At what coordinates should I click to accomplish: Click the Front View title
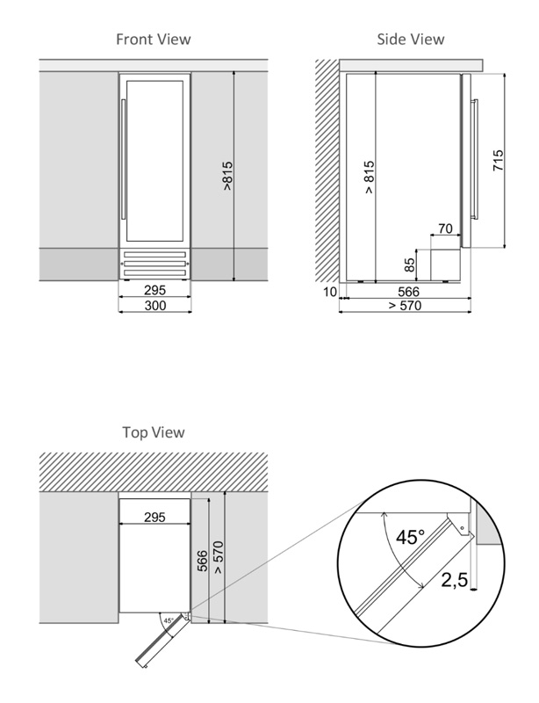154,39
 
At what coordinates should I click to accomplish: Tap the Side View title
410,39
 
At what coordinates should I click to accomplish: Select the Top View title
154,432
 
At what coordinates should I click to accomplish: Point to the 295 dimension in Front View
155,290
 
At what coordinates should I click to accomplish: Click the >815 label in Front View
227,178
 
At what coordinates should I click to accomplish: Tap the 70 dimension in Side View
445,229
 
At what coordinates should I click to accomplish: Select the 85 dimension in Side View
410,266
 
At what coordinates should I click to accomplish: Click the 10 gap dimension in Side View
329,291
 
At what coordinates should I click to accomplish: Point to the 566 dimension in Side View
408,291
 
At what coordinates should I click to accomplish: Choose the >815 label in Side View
369,177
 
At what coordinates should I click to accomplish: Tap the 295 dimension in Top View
155,517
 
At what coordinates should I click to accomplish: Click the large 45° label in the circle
410,536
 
